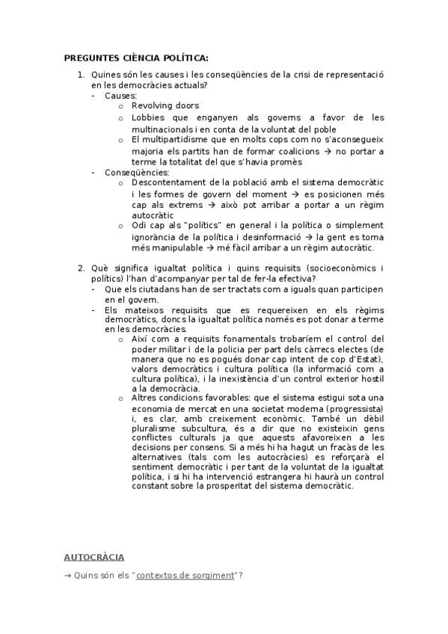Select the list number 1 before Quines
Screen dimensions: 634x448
pos(81,75)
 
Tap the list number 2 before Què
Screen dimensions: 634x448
pos(81,268)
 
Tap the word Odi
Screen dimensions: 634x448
pos(138,226)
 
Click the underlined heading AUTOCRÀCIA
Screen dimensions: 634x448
pos(94,557)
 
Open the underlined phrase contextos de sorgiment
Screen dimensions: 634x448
pos(185,575)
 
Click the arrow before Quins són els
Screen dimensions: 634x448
pos(67,575)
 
